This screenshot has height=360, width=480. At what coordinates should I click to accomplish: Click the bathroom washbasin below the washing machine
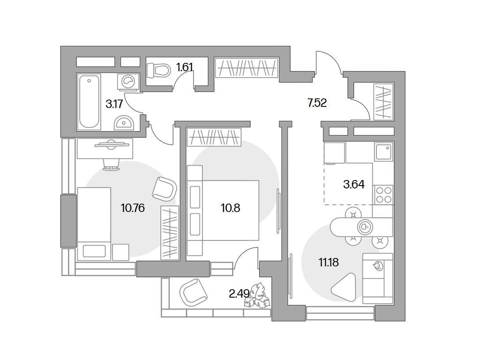(x=125, y=122)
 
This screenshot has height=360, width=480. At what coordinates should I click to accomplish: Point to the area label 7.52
(x=317, y=103)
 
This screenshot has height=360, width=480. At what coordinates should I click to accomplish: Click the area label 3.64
(x=353, y=184)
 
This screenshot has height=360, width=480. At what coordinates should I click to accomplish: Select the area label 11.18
(x=329, y=262)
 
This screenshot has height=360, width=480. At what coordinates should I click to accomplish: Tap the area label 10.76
(x=133, y=208)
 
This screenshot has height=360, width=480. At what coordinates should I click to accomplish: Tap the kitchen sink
(x=383, y=151)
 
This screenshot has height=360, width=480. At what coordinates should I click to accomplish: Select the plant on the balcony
(x=257, y=296)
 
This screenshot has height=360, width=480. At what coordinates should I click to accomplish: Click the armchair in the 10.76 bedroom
(x=165, y=188)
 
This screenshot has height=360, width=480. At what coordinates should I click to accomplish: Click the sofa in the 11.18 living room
(x=378, y=278)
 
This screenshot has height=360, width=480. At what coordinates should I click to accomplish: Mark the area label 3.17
(x=114, y=104)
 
